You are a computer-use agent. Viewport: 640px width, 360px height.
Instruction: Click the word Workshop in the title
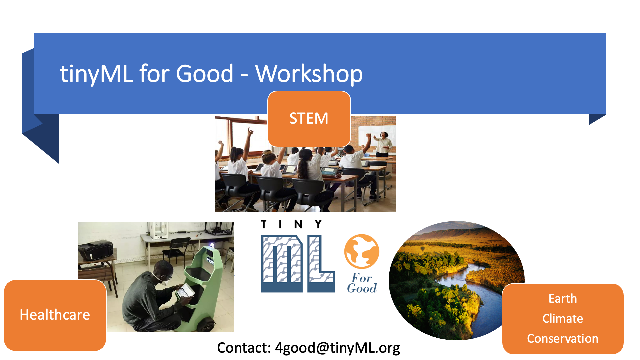point(309,74)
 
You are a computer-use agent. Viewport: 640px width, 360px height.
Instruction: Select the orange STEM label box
point(309,119)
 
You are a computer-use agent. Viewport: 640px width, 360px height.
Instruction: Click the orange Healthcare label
point(55,315)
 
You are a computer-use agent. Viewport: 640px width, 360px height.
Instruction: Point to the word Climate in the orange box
point(563,319)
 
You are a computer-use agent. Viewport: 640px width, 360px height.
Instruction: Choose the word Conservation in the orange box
point(563,339)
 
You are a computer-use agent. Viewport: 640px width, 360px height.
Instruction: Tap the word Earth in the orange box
point(563,299)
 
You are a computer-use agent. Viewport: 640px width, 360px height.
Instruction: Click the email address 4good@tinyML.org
point(337,348)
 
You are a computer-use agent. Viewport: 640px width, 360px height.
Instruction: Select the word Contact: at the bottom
point(244,348)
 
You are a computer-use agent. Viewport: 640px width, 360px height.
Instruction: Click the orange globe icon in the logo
point(362,251)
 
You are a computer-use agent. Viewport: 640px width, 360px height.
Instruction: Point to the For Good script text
point(362,283)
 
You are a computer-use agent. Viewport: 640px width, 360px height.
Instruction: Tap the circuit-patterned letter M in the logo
point(282,264)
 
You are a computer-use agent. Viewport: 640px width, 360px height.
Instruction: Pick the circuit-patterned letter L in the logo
point(321,264)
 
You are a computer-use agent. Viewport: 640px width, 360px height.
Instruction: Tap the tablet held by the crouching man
point(185,291)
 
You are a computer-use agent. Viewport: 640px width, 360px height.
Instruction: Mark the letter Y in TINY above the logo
point(318,224)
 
